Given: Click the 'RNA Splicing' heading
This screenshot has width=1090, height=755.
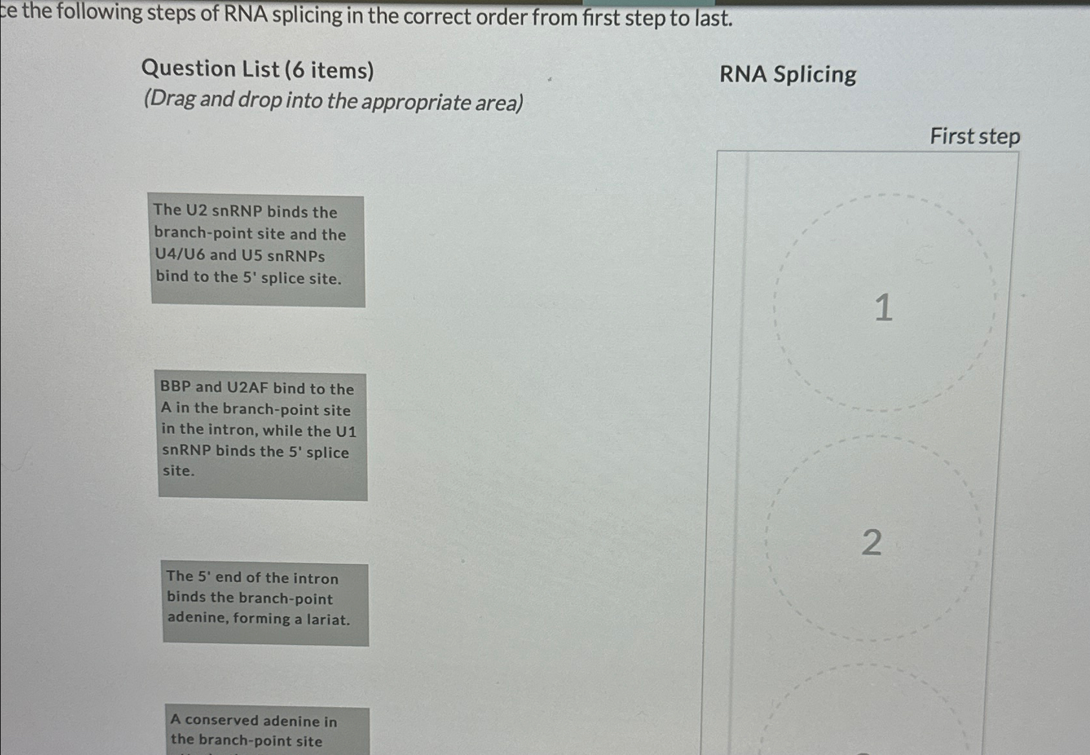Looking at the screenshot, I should click(787, 74).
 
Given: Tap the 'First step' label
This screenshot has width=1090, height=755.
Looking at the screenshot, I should click(974, 136).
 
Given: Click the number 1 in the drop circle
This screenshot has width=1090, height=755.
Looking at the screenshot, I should click(883, 307).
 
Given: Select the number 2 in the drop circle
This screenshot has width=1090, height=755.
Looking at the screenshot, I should click(871, 542).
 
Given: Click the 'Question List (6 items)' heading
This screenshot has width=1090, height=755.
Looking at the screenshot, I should click(257, 69).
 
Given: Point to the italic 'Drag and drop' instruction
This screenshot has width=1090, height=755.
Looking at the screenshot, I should click(333, 101).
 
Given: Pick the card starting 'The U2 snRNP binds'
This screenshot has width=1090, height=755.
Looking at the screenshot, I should click(257, 251).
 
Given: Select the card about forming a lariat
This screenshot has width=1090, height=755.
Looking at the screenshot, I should click(265, 604).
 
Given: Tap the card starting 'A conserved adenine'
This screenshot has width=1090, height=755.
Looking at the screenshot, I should click(267, 730).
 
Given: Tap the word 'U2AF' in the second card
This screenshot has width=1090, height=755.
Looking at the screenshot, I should click(247, 388).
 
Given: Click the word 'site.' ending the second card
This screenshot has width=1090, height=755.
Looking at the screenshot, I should click(178, 471).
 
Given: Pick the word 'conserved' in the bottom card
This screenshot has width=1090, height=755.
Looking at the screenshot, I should click(221, 720).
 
